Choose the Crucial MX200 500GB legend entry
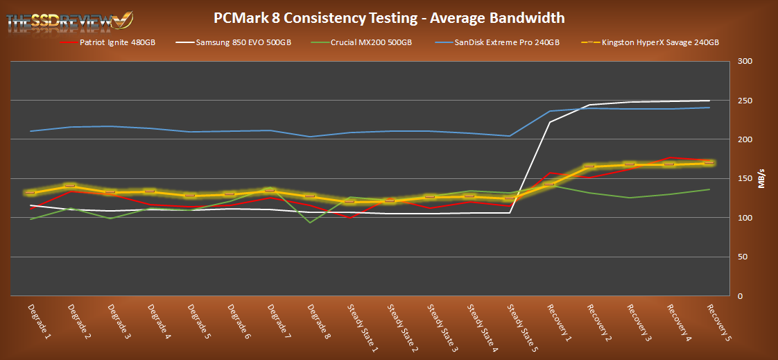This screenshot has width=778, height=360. click(x=370, y=43)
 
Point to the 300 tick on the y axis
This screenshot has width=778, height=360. click(x=744, y=62)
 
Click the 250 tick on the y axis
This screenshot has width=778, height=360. click(x=744, y=101)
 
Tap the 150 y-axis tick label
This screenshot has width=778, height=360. click(x=744, y=179)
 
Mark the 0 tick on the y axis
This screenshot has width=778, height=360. click(x=740, y=296)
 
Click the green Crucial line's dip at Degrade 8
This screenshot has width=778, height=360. click(x=310, y=223)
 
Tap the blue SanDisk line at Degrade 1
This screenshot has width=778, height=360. click(x=31, y=131)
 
